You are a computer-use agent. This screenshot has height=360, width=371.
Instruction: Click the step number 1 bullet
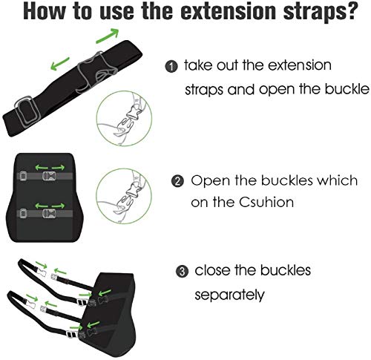click(171, 67)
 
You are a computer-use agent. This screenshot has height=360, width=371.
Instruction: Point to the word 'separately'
click(229, 294)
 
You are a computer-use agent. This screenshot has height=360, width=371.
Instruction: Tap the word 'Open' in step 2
click(209, 180)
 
